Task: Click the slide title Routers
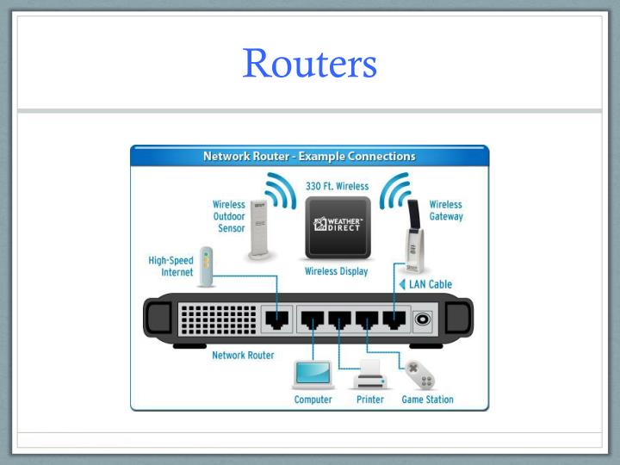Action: pos(309,63)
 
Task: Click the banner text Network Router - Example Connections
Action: pos(309,157)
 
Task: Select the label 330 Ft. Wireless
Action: pos(337,186)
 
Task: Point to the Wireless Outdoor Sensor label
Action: pos(228,217)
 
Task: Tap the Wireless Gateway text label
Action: pos(446,211)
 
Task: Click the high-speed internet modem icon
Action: pos(205,267)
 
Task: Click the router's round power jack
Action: pos(423,319)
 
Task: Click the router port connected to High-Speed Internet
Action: pos(276,319)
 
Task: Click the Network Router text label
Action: pos(243,356)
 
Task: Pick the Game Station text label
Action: pos(427,400)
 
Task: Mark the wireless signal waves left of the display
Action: pos(279,189)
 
